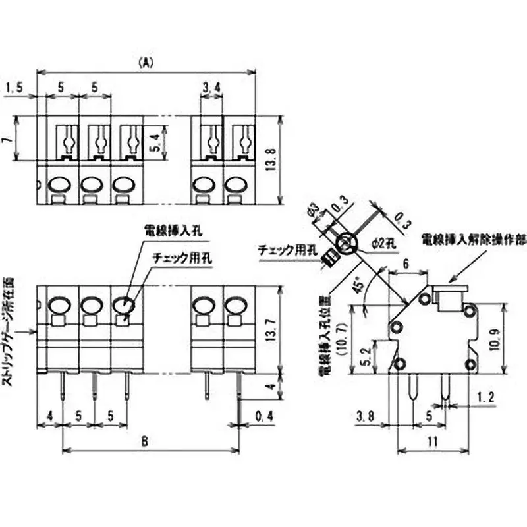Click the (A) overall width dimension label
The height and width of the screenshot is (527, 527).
click(146, 63)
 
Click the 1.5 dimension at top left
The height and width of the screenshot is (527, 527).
click(15, 87)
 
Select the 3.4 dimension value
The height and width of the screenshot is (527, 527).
click(211, 87)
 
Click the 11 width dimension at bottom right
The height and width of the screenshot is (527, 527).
click(432, 443)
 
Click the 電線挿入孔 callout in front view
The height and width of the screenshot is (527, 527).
click(174, 230)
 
